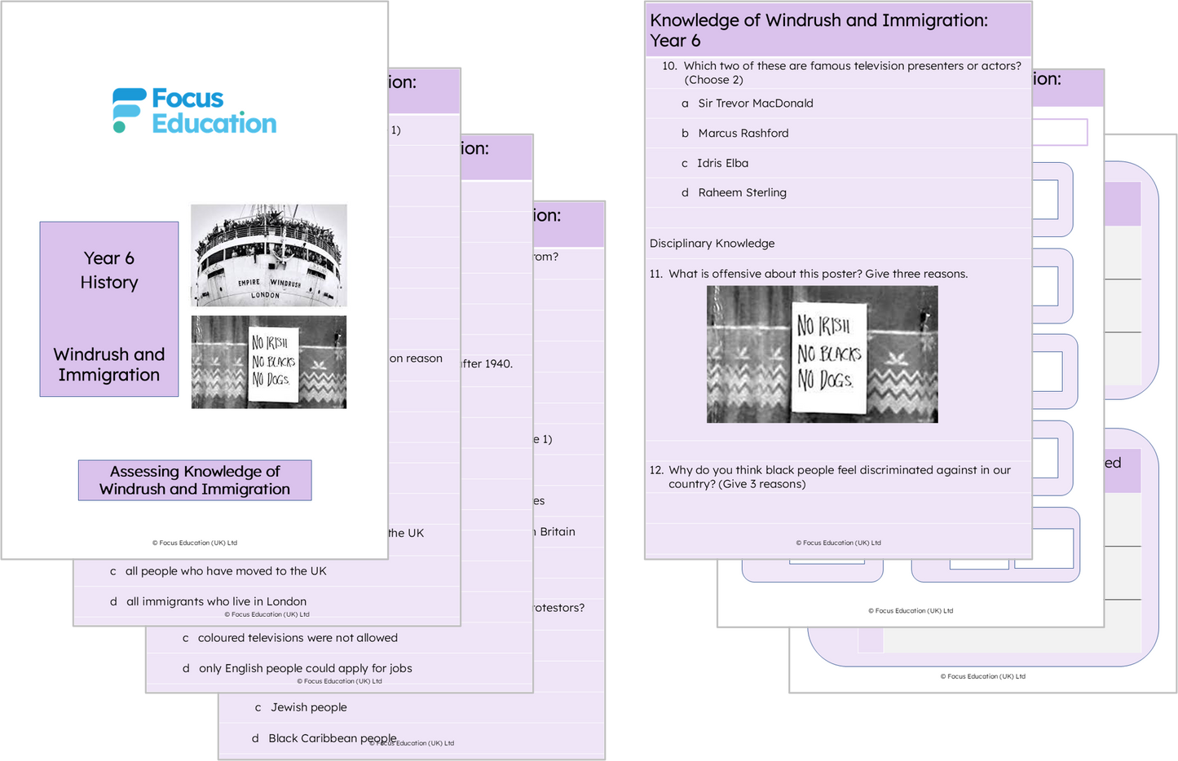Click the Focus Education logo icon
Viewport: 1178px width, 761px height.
click(129, 110)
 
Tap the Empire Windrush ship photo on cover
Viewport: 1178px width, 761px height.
click(268, 255)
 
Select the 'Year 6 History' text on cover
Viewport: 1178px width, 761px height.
click(109, 271)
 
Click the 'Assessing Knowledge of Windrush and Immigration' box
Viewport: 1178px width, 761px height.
click(195, 480)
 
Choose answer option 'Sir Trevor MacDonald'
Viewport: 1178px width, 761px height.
click(755, 103)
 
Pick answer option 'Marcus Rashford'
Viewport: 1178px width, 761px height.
click(743, 134)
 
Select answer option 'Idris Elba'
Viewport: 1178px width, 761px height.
click(722, 163)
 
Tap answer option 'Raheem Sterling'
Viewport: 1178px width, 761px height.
click(742, 193)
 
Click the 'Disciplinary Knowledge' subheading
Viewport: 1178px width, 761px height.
click(712, 244)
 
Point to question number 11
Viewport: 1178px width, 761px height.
click(656, 274)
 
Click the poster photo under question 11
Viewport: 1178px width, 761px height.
click(822, 354)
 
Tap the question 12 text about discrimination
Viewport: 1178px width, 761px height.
click(839, 477)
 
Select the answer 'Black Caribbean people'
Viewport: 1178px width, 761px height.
click(333, 738)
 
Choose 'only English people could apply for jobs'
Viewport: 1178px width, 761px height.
click(305, 668)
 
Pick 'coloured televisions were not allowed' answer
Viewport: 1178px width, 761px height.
click(298, 638)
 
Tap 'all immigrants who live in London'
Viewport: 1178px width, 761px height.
click(216, 601)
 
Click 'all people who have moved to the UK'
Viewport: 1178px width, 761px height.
click(226, 571)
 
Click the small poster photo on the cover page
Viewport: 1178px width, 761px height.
click(268, 362)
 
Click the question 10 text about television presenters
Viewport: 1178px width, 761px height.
click(852, 73)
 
